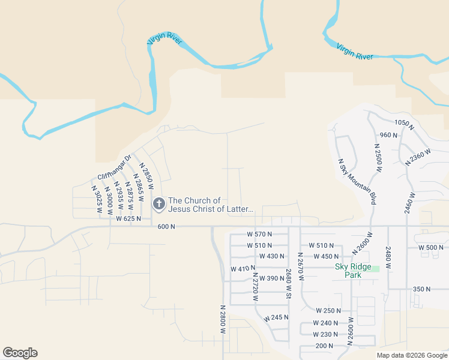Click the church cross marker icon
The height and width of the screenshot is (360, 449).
click(x=159, y=205)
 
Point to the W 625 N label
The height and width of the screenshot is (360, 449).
click(x=128, y=219)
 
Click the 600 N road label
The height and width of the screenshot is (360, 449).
click(x=166, y=226)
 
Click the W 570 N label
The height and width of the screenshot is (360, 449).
click(x=259, y=234)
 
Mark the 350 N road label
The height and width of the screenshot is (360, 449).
click(x=421, y=289)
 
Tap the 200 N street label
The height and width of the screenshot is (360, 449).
click(x=324, y=346)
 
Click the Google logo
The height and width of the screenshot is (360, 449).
click(x=20, y=353)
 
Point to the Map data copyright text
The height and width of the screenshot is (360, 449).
click(x=411, y=355)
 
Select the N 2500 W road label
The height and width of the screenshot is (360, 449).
click(x=378, y=158)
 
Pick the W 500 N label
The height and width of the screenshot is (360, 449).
click(x=432, y=247)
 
